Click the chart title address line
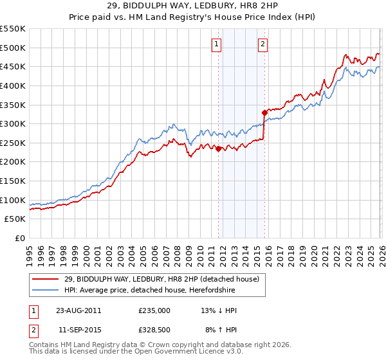point(192,6)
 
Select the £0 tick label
point(20,238)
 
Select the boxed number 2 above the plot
point(264,44)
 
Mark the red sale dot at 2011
point(218,148)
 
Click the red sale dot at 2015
point(264,113)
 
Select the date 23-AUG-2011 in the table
point(78,310)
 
